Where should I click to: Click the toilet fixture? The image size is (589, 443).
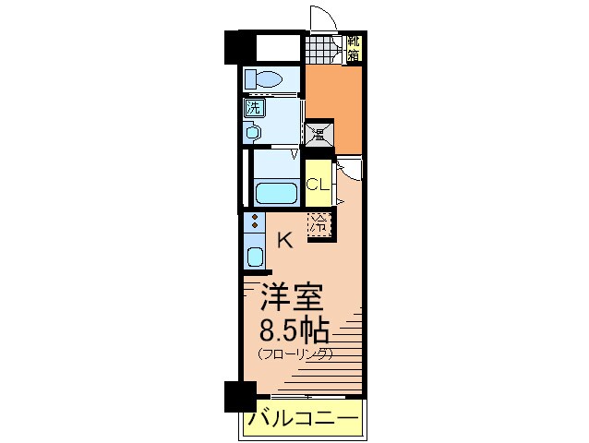click(x=264, y=80)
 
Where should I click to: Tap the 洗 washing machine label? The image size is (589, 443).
click(x=253, y=107)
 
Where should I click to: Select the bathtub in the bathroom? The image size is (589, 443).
click(x=275, y=195)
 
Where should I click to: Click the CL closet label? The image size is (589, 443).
click(x=318, y=184)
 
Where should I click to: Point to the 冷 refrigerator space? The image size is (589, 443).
click(x=319, y=223)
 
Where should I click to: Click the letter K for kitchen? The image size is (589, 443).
click(x=285, y=241)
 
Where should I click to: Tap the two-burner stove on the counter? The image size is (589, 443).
click(x=255, y=222)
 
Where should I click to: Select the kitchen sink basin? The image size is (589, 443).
click(x=255, y=255)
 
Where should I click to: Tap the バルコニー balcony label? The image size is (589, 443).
click(x=302, y=421)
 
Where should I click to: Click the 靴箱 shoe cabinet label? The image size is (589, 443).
click(x=353, y=48)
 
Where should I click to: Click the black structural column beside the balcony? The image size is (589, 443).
click(x=238, y=397)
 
